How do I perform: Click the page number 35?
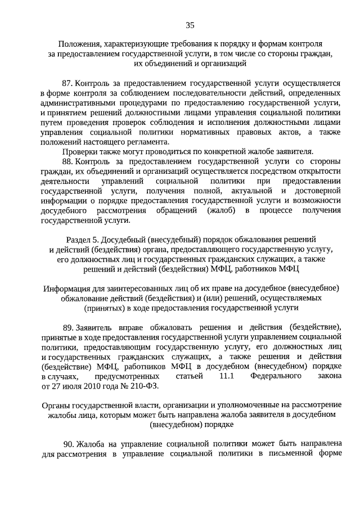pos(190,25)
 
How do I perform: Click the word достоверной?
pos(316,191)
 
